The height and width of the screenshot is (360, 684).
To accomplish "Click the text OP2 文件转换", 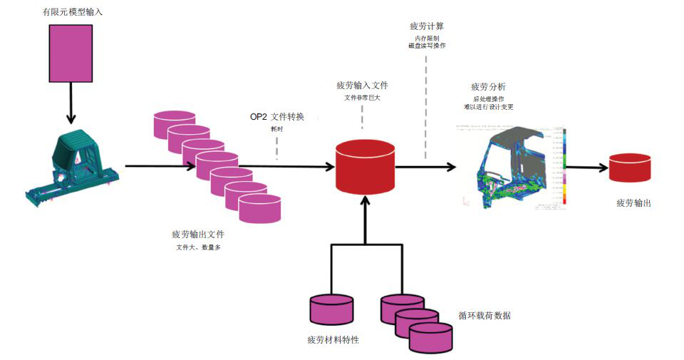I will (276, 116).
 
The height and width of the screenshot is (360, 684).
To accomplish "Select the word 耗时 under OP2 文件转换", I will (276, 129).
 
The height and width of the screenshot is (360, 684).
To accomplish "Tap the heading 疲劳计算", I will (427, 26).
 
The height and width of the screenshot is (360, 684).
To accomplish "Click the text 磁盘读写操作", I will (427, 46).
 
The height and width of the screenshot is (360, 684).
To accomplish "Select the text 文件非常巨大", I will (362, 98).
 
